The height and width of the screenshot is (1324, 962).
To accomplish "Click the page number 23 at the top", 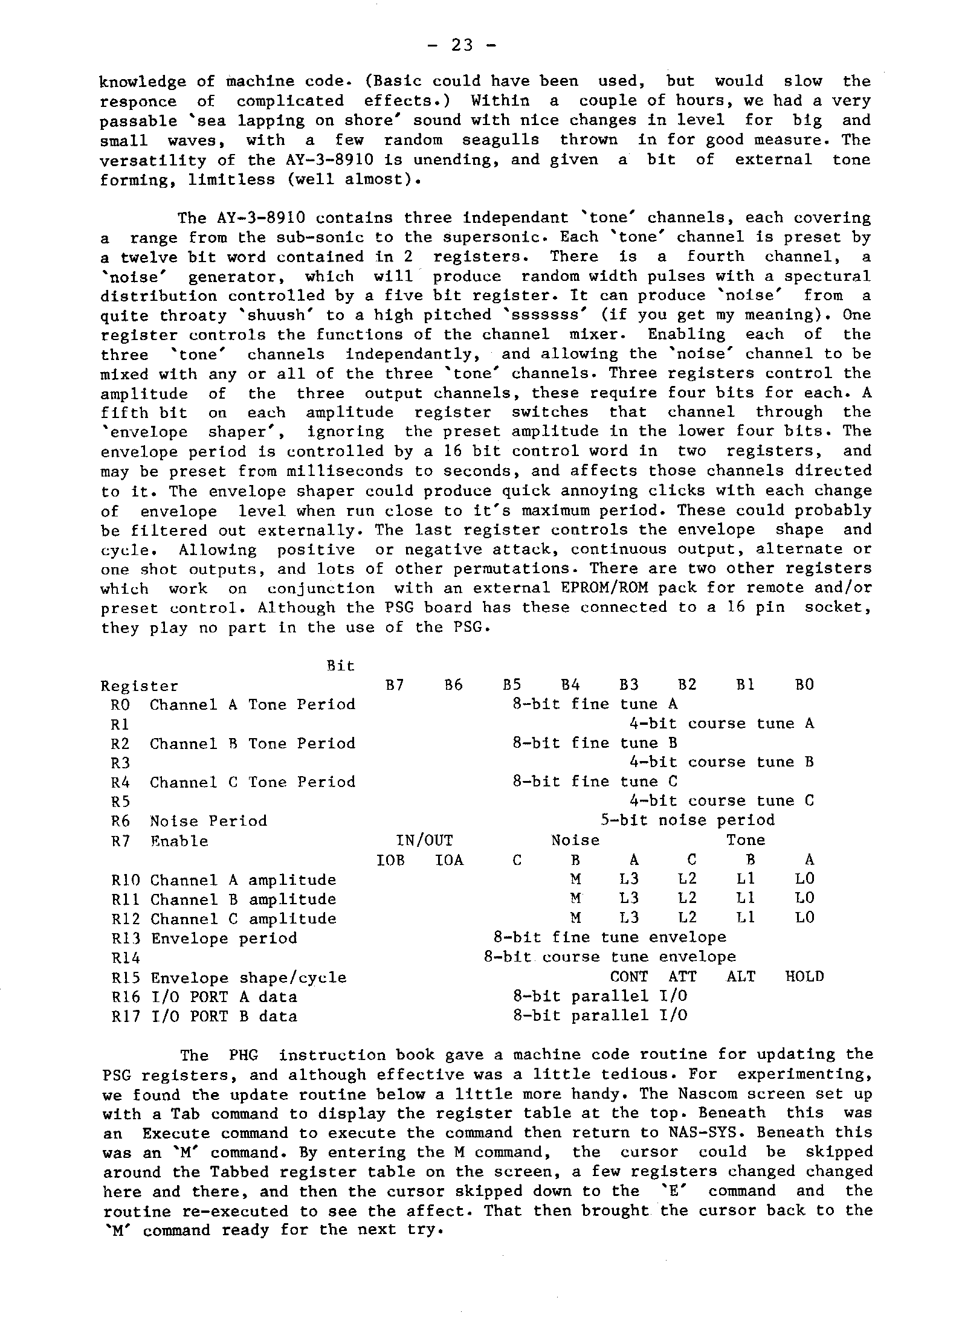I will [463, 45].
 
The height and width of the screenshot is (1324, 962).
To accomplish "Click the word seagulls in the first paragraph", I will [500, 140].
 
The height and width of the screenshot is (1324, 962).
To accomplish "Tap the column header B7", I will [395, 685].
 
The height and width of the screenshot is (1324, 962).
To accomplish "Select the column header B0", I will [804, 685].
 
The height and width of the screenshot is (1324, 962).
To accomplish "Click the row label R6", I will [120, 821].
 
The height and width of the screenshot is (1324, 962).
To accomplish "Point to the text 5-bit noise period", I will [687, 820].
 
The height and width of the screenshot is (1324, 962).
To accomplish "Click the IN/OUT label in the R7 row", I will [424, 840].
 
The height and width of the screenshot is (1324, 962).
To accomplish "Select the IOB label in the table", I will [390, 860].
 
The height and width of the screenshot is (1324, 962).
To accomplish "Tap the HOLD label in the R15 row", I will [804, 977].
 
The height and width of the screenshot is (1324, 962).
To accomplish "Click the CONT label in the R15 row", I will [629, 977].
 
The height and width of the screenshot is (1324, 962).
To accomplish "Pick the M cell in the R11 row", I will [576, 899].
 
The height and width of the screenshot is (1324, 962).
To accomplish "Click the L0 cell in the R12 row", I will [804, 918].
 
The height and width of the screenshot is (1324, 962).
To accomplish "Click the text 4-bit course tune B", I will [721, 762].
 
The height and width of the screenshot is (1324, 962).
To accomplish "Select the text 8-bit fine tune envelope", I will [610, 937].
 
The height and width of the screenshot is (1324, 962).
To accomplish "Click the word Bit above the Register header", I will [340, 666].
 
